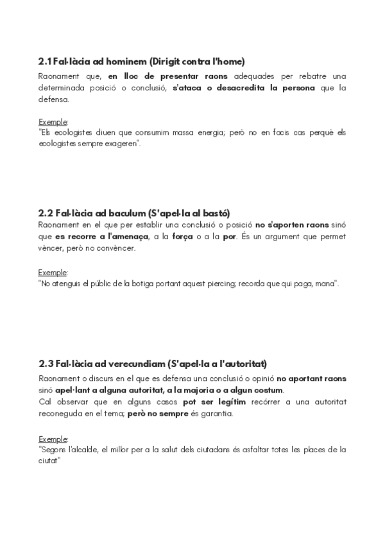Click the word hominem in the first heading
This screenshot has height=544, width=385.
(127, 62)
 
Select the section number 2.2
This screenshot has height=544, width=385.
(46, 212)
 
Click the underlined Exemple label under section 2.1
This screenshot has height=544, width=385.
(53, 121)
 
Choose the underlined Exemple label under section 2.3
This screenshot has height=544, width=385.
(53, 439)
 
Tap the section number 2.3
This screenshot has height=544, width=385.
(46, 364)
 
